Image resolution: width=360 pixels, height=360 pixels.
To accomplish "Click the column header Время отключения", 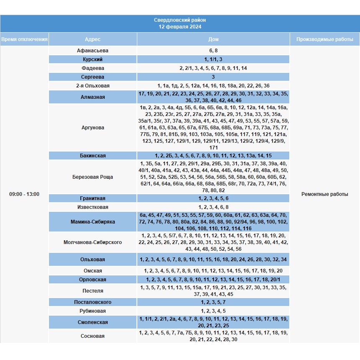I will click(x=24, y=39).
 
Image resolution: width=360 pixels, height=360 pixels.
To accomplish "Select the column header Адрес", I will click(x=93, y=39).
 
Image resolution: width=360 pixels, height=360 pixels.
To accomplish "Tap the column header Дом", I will click(x=213, y=39).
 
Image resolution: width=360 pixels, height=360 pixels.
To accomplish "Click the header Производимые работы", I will click(x=324, y=39).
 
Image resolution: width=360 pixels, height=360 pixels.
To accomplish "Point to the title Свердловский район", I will click(x=180, y=20).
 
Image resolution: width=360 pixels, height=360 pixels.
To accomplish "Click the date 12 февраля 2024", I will click(x=180, y=27).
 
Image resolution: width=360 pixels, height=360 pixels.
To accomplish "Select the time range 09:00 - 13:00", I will click(x=24, y=194).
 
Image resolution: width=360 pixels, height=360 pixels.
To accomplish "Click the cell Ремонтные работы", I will click(x=324, y=194).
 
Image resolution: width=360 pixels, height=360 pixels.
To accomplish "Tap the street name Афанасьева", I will click(x=93, y=51).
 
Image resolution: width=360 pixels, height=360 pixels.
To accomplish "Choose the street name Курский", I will click(x=93, y=59).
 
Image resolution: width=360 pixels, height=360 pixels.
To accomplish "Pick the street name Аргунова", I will click(x=93, y=128).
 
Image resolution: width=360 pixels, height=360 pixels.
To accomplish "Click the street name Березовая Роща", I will click(x=93, y=177).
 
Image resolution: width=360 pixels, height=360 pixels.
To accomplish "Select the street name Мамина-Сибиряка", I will click(x=93, y=222).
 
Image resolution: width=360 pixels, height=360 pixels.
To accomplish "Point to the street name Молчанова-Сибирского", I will click(x=93, y=242).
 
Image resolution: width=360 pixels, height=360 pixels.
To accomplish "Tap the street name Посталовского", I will click(x=93, y=302).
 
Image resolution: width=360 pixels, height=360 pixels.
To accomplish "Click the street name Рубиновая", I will click(x=93, y=311).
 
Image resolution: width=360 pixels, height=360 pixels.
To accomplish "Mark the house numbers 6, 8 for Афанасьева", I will click(x=213, y=51).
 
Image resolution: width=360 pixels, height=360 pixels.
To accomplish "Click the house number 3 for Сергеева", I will click(x=213, y=77).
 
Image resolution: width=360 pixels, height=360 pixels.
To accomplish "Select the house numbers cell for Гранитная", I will click(x=213, y=198).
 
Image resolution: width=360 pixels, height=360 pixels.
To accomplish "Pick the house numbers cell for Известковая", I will click(x=213, y=207).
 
